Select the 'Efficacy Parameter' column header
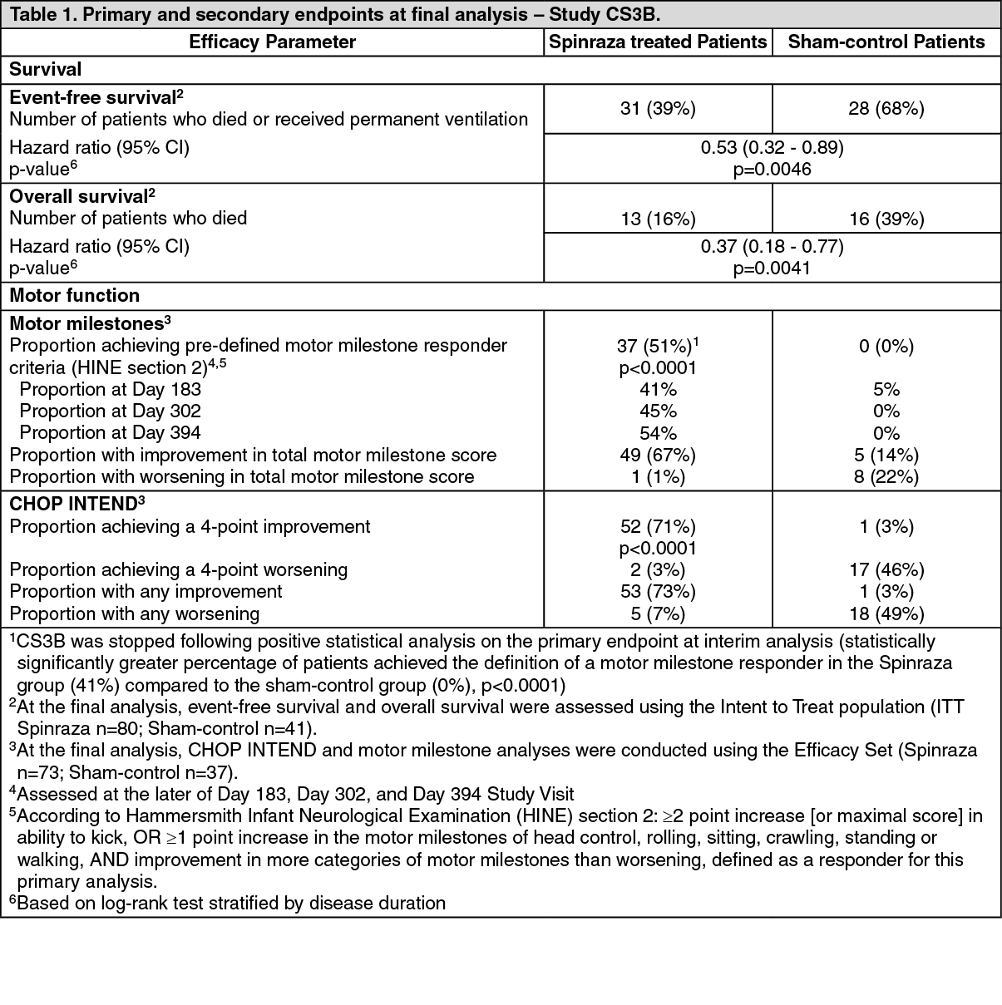[x=272, y=42]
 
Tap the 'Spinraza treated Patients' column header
[x=658, y=42]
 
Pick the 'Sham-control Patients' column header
[x=886, y=42]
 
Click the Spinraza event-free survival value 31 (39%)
[x=658, y=108]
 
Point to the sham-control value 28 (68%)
[x=886, y=108]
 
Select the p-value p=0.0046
[x=772, y=170]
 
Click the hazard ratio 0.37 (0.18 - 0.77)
[x=772, y=246]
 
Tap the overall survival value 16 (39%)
[x=886, y=219]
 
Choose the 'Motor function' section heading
[x=75, y=296]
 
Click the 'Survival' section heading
[x=45, y=70]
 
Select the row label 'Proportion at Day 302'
[x=110, y=411]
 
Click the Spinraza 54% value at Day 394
[x=658, y=433]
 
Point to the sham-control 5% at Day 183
[x=886, y=390]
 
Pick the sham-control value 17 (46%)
[x=886, y=570]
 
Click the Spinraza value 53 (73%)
[x=658, y=592]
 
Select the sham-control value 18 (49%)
[x=886, y=614]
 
